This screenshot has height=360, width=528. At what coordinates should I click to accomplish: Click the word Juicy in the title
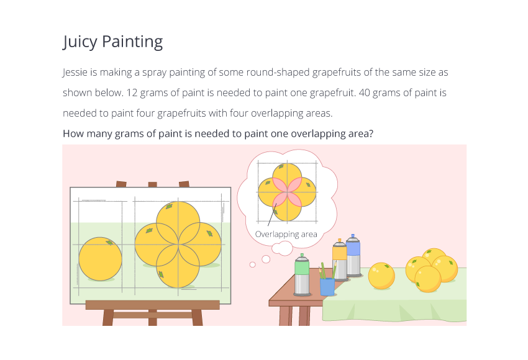tap(80, 42)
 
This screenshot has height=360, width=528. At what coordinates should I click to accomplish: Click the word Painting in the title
tap(132, 42)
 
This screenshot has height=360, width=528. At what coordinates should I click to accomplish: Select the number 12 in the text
tap(132, 93)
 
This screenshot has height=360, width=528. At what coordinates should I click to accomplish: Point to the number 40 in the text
tap(365, 93)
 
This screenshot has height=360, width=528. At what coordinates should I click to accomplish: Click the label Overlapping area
tap(286, 234)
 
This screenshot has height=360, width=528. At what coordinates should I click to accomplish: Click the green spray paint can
tap(302, 275)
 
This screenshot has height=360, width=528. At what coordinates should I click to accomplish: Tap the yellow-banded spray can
tap(339, 259)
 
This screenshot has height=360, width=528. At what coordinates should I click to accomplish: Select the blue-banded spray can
tap(353, 255)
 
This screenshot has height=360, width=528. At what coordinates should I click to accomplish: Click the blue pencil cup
tap(327, 287)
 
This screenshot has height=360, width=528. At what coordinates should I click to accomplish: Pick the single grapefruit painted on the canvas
tap(101, 259)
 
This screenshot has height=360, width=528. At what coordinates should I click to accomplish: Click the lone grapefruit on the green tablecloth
tap(381, 276)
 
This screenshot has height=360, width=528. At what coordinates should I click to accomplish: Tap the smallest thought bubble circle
tap(253, 265)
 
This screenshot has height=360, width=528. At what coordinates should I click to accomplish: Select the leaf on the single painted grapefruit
tap(109, 243)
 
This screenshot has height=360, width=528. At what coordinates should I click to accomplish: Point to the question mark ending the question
tap(371, 133)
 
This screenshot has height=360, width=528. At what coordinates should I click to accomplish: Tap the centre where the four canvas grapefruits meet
tap(178, 245)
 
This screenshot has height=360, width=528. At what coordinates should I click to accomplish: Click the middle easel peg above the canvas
tap(153, 184)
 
